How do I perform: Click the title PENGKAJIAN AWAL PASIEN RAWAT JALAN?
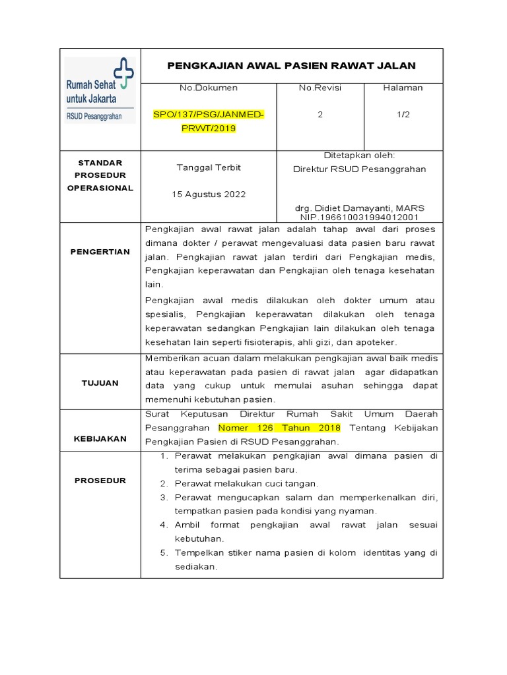[x=291, y=65]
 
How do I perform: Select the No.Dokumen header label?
[x=209, y=88]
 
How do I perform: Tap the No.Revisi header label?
[x=320, y=88]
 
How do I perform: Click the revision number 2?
[x=320, y=114]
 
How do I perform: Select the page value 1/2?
[x=403, y=114]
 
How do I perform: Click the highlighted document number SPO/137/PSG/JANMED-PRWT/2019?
[x=209, y=121]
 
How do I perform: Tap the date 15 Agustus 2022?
[x=209, y=194]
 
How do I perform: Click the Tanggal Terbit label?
[x=209, y=167]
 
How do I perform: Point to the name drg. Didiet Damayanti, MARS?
[x=359, y=208]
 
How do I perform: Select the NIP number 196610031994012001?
[x=359, y=216]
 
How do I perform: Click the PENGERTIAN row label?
[x=100, y=252]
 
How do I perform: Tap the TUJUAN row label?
[x=100, y=382]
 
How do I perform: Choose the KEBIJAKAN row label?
[x=100, y=438]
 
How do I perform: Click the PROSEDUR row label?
[x=100, y=481]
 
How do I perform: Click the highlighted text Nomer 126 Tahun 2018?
[x=279, y=428]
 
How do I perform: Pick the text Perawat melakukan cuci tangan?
[x=246, y=483]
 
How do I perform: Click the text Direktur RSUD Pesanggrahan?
[x=359, y=169]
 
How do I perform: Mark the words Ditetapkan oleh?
[x=359, y=156]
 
